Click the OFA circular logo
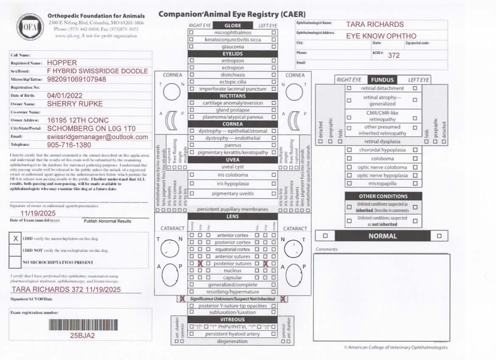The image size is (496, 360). (x=29, y=26)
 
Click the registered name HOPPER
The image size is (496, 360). (x=62, y=63)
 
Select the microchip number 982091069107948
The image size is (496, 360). (x=76, y=79)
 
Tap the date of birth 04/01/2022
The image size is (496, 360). (x=65, y=96)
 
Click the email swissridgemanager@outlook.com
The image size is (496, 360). (x=97, y=137)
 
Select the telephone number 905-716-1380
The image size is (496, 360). (x=69, y=145)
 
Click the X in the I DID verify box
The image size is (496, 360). (x=16, y=239)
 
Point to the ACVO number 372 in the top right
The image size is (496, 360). (x=393, y=55)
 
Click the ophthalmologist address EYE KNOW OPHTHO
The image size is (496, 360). (x=381, y=36)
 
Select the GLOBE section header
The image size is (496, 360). (x=232, y=25)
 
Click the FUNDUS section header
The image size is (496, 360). (x=383, y=80)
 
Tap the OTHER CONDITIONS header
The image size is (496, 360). (x=383, y=196)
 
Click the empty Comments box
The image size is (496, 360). (x=381, y=297)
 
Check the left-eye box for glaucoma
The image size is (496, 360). (x=274, y=47)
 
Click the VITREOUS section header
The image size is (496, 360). (x=232, y=319)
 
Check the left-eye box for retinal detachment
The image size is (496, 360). (x=415, y=88)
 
